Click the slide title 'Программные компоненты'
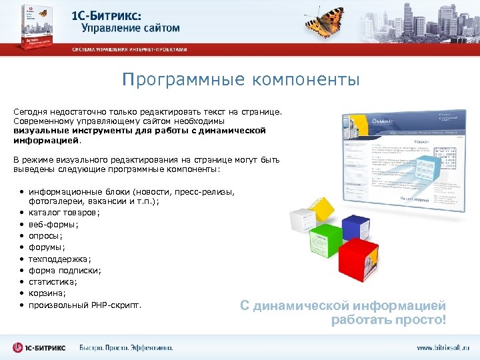[x=241, y=81]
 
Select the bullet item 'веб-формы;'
[x=53, y=224]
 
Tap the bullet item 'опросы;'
[x=46, y=235]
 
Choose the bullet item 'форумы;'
[x=47, y=247]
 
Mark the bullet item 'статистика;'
[x=53, y=282]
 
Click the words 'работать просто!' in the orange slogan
[x=388, y=320]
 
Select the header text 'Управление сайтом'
[x=131, y=29]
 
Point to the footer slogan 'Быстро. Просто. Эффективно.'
[x=126, y=347]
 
